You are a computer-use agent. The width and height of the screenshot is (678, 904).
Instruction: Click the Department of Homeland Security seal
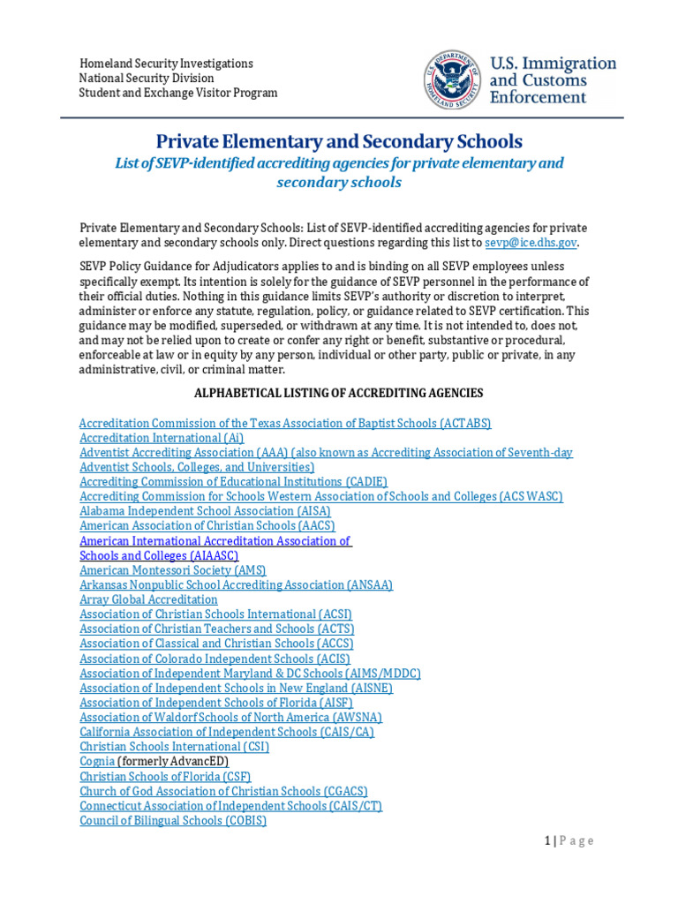coord(453,79)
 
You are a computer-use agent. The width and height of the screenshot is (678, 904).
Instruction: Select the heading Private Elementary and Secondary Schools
coord(339,141)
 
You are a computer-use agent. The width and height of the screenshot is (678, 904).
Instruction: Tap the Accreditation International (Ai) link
coord(162,438)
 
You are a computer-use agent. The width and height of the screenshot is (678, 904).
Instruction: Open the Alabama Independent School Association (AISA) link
coord(205,511)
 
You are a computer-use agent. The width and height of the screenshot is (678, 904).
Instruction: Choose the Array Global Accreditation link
coord(148,599)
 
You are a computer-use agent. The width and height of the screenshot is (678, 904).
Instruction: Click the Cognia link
coord(97,761)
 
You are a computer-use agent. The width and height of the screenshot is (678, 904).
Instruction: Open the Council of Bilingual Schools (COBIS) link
coord(173,820)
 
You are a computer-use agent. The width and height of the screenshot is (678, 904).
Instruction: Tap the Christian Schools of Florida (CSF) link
coord(165,776)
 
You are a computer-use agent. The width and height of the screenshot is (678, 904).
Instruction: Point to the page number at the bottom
coord(569,841)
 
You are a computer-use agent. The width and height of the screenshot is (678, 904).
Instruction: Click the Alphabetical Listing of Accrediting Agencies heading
coord(338,393)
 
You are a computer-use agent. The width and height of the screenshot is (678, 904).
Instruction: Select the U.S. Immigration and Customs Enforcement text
coord(553,80)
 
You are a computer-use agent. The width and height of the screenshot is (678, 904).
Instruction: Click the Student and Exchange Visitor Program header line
coord(178,93)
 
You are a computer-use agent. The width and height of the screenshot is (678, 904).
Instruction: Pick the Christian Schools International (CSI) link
coord(174,747)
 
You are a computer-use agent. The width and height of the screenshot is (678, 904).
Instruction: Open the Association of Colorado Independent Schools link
coord(215,659)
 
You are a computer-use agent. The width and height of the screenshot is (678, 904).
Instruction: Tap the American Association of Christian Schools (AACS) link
coord(207,526)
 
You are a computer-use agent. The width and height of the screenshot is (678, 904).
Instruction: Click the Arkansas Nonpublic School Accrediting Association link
coord(236,585)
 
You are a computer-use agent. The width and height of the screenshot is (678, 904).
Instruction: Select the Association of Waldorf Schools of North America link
coord(230,718)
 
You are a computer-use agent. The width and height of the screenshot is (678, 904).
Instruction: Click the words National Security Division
coord(147,79)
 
